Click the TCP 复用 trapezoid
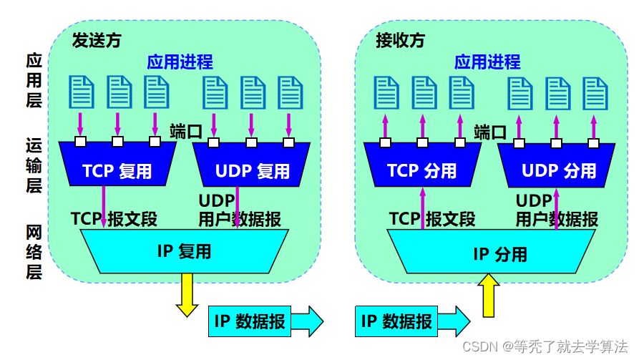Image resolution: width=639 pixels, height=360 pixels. [117, 169]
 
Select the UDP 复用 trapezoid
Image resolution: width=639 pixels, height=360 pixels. [252, 170]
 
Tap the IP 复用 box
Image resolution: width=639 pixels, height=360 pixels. [185, 250]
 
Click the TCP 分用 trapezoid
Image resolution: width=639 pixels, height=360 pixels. [421, 170]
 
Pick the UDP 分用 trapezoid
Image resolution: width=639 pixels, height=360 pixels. [558, 170]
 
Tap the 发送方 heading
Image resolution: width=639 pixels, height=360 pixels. [97, 41]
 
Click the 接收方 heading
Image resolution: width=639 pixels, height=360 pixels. [401, 41]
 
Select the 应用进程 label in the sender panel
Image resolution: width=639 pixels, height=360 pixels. [180, 62]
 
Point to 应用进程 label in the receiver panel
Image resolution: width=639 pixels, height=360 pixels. [487, 62]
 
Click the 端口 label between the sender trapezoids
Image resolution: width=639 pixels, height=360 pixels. [186, 131]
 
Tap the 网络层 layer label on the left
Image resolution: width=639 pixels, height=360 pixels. [34, 252]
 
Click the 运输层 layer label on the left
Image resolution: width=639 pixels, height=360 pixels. [34, 165]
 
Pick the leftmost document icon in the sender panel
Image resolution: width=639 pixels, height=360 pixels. [81, 91]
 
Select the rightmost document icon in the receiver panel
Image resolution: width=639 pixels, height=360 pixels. [595, 92]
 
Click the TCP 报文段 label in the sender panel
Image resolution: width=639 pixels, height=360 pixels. [114, 218]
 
